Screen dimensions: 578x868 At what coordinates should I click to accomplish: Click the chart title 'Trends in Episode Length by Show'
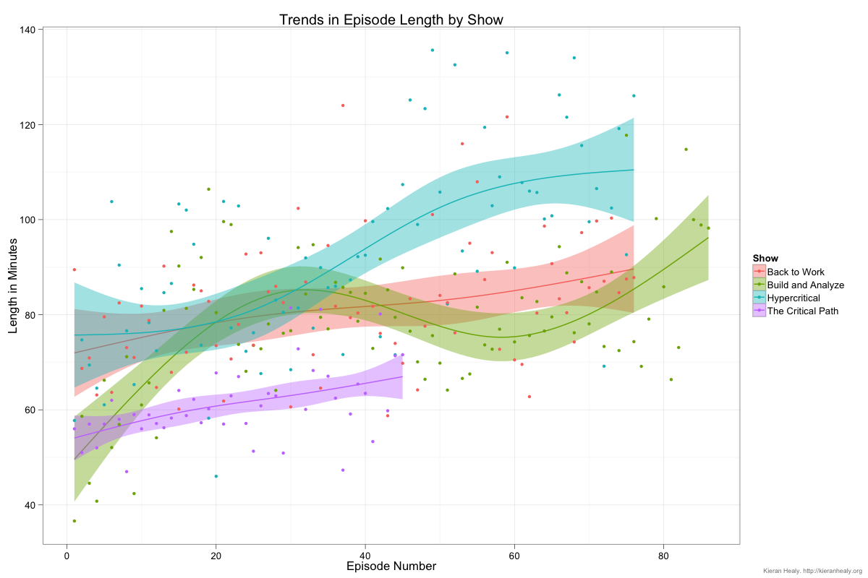tap(391, 20)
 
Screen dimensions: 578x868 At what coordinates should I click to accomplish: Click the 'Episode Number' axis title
tap(391, 566)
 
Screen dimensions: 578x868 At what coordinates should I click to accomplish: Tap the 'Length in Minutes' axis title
tap(14, 286)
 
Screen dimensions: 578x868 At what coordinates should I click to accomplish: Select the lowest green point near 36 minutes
tap(74, 521)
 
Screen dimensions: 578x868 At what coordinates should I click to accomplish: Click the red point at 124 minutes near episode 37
tap(343, 105)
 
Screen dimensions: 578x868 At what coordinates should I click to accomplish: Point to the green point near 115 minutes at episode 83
tap(686, 150)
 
